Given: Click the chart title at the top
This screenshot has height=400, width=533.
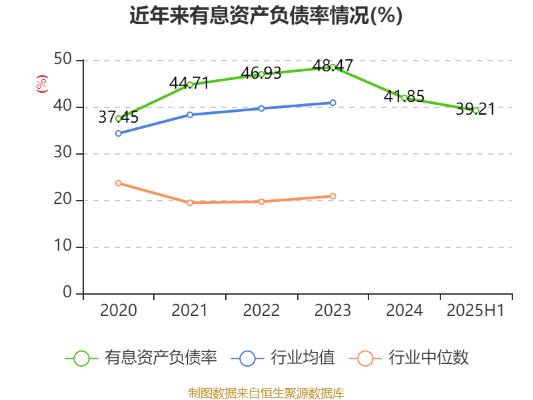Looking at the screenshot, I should [x=266, y=15].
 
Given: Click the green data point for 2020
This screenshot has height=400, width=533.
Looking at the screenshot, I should [x=119, y=119].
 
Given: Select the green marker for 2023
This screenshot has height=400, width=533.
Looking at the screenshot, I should [x=332, y=67].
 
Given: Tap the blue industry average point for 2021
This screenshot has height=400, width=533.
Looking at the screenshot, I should [x=190, y=115].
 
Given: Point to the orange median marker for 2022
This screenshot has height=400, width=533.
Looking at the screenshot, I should [x=261, y=201].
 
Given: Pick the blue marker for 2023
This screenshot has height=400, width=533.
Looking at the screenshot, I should [x=332, y=103].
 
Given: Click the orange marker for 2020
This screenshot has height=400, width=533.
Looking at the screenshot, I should [x=119, y=183].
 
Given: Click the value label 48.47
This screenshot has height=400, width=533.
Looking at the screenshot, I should [x=332, y=65].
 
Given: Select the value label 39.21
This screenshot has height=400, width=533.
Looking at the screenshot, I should [x=475, y=109].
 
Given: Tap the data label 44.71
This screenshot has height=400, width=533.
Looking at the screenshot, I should [x=189, y=83].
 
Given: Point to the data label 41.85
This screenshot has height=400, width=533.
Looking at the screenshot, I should [x=404, y=96].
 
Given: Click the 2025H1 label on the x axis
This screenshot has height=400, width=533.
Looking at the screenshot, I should [x=475, y=311].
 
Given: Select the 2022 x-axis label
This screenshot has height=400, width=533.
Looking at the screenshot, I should [x=261, y=311].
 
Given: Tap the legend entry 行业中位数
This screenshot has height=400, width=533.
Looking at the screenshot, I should [x=429, y=358].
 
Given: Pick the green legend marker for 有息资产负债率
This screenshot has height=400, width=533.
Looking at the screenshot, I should [x=81, y=358].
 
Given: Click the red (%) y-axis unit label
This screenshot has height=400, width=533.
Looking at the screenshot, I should [x=41, y=84].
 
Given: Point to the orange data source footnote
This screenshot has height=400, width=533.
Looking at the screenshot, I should [x=266, y=393].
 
